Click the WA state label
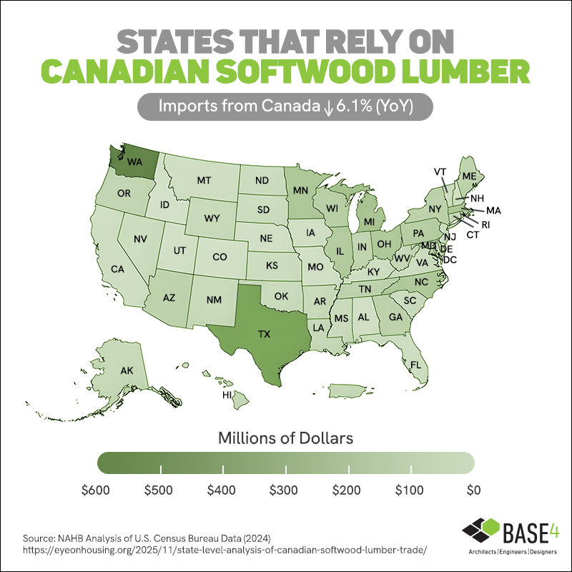[x=135, y=162]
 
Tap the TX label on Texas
[x=264, y=334]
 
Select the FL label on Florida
[x=415, y=365]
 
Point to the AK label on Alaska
[x=127, y=370]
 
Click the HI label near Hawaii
[x=227, y=394]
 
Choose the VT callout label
[x=440, y=172]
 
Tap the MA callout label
[x=493, y=211]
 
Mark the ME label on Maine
[x=469, y=176]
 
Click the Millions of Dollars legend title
[x=286, y=435]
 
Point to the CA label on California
[x=118, y=270]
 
